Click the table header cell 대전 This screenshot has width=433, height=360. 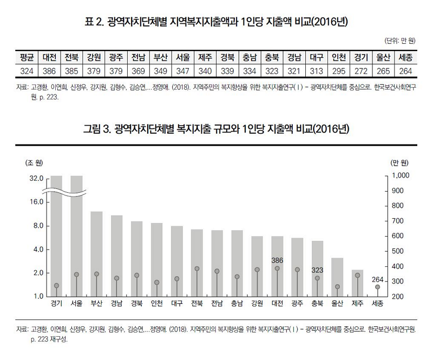click(50, 57)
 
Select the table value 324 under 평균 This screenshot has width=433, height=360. click(27, 71)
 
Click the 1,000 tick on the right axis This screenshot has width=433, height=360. click(401, 176)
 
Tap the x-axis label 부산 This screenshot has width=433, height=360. click(96, 304)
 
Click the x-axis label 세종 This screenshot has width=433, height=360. click(377, 304)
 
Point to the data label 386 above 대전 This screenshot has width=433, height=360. click(277, 260)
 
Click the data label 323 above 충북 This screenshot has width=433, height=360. click(317, 270)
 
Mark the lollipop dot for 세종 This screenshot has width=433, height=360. click(377, 287)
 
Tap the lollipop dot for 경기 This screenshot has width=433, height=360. click(56, 286)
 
